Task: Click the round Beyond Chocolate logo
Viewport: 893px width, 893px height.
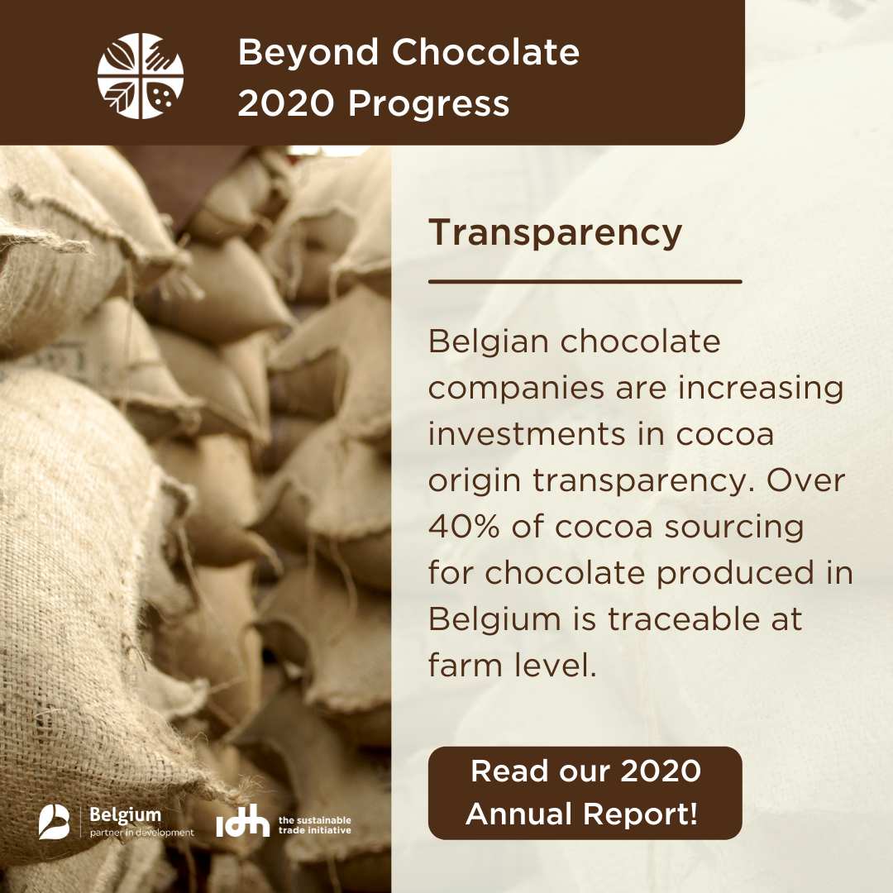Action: pyautogui.click(x=140, y=76)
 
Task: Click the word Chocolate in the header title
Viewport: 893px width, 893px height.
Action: pyautogui.click(x=485, y=52)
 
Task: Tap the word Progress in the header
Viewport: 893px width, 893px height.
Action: pyautogui.click(x=429, y=105)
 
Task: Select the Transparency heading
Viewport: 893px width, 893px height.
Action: pyautogui.click(x=556, y=233)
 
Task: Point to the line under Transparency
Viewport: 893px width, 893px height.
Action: pyautogui.click(x=585, y=281)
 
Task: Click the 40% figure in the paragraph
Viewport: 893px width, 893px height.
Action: pyautogui.click(x=464, y=526)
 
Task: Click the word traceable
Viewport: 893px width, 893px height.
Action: pyautogui.click(x=684, y=618)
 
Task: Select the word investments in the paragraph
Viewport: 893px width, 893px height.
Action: pyautogui.click(x=527, y=434)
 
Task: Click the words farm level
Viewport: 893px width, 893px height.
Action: pyautogui.click(x=512, y=665)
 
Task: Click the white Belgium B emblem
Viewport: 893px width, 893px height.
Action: pyautogui.click(x=54, y=822)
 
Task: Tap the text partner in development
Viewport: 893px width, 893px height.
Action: pyautogui.click(x=142, y=833)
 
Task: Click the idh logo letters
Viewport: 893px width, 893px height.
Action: pyautogui.click(x=242, y=821)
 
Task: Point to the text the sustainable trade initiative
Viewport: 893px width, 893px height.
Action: pyautogui.click(x=314, y=825)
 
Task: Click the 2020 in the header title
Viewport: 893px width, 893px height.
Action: pyautogui.click(x=285, y=103)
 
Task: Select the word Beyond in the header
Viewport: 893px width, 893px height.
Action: pyautogui.click(x=308, y=54)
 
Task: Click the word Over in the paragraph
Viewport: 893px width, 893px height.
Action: pyautogui.click(x=805, y=480)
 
